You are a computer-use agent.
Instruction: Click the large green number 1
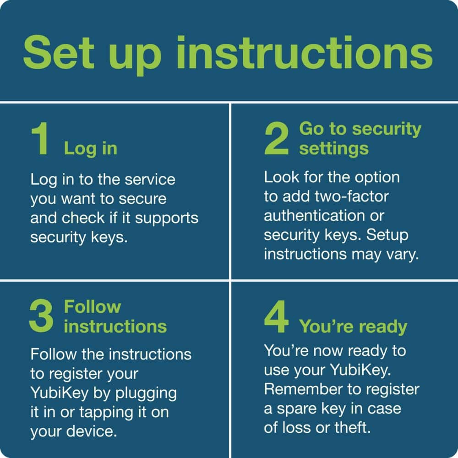tap(40, 140)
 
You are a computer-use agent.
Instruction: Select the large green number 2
tap(277, 140)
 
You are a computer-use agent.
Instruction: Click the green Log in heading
tap(90, 148)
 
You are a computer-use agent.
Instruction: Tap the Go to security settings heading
tap(360, 139)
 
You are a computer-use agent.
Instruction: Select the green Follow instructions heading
tap(115, 316)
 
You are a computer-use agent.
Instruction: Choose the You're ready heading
tap(353, 327)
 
